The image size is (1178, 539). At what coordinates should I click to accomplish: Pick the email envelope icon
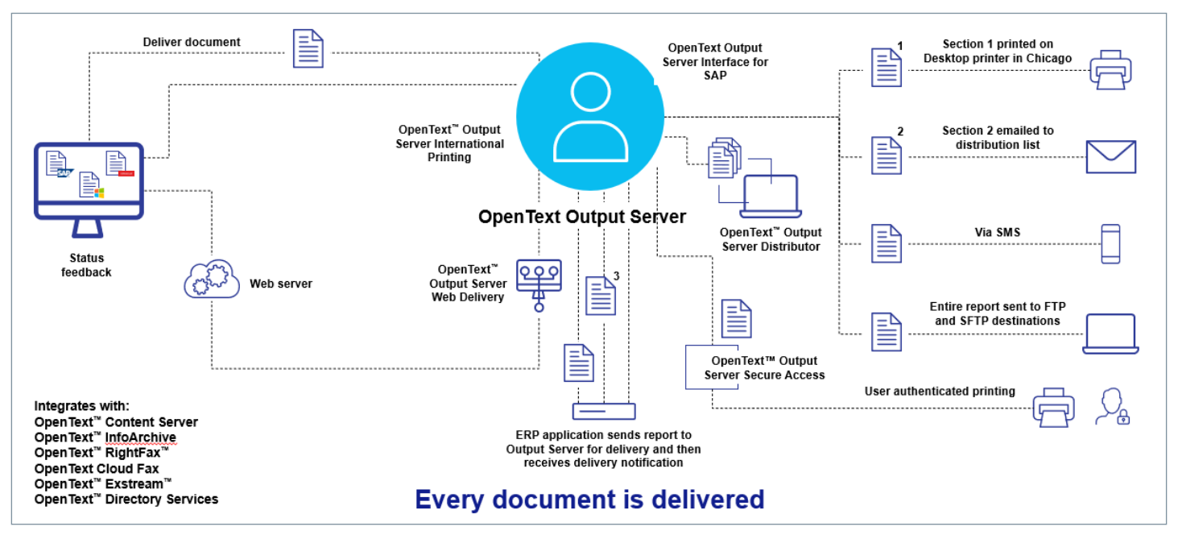(1110, 157)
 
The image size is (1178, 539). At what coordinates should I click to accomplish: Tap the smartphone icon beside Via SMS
(1110, 243)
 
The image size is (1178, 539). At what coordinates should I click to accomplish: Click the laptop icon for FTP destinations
(1110, 334)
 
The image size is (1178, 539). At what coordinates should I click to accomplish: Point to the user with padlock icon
(1111, 407)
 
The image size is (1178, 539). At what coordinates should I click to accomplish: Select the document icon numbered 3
(601, 296)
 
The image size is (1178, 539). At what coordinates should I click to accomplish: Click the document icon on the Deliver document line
(308, 48)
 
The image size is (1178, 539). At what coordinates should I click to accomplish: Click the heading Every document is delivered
(589, 500)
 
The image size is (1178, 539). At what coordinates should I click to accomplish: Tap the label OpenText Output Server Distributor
(771, 239)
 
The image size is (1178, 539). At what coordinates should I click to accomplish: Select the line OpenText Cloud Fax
(97, 469)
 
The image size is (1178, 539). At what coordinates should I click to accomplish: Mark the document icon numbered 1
(887, 67)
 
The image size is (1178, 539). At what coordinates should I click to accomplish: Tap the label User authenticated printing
(940, 392)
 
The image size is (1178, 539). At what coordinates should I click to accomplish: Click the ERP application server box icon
(603, 412)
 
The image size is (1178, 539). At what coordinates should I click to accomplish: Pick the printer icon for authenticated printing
(1053, 407)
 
